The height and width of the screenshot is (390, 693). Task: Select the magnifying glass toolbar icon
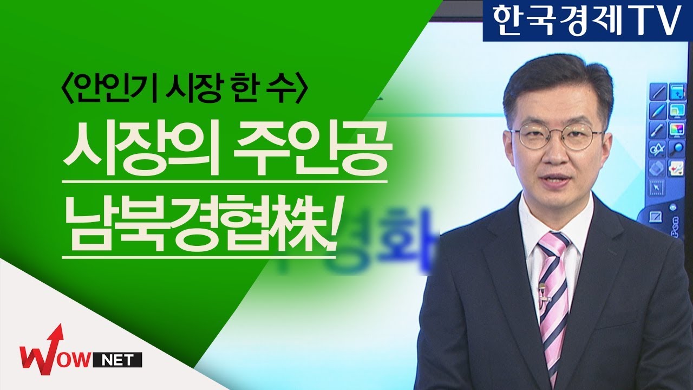click(676, 149)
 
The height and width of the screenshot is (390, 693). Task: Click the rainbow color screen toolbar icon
click(676, 130)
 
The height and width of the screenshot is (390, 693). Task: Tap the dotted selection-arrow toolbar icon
click(657, 187)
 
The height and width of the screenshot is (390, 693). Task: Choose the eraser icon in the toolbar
click(657, 168)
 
